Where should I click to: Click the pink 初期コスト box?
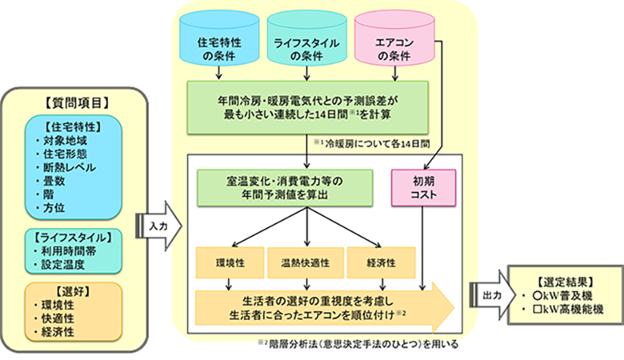425,187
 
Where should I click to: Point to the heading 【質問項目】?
79,101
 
